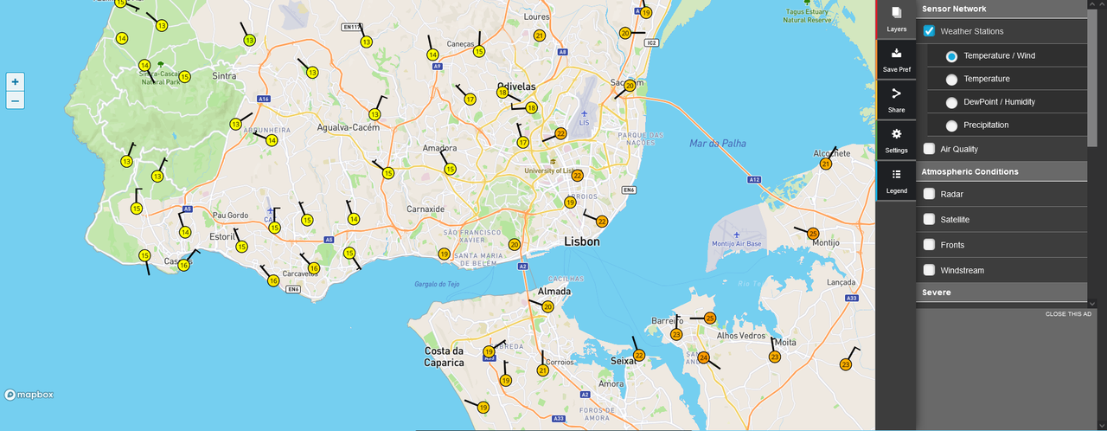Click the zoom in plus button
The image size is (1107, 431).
(x=15, y=81)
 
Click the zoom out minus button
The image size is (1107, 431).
(x=15, y=100)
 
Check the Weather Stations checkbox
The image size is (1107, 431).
(x=929, y=31)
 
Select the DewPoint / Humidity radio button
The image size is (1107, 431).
(x=951, y=102)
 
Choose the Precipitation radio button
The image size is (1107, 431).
(x=951, y=125)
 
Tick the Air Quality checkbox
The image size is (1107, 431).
(x=929, y=149)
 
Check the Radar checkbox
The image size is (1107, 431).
(x=929, y=194)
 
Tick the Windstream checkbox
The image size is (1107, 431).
(x=929, y=270)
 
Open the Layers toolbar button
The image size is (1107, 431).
(x=897, y=19)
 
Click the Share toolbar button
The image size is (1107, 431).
(x=897, y=100)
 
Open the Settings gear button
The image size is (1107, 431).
(x=897, y=140)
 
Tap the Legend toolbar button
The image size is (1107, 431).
(x=897, y=180)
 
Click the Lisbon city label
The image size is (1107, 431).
(x=581, y=241)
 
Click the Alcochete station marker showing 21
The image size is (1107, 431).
(x=826, y=164)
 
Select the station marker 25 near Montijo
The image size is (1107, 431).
(x=813, y=234)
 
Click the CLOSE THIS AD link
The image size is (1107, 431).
(x=1068, y=313)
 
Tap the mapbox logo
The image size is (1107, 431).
(x=29, y=395)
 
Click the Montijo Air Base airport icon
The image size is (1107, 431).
(x=737, y=235)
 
